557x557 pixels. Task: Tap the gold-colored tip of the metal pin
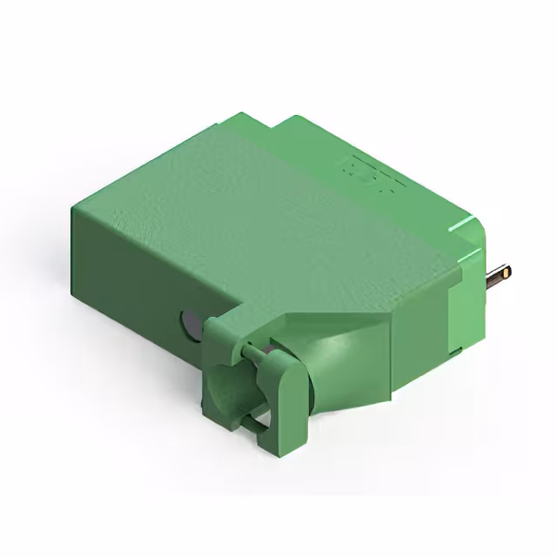point(507,272)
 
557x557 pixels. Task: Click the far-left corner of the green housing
point(75,209)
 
